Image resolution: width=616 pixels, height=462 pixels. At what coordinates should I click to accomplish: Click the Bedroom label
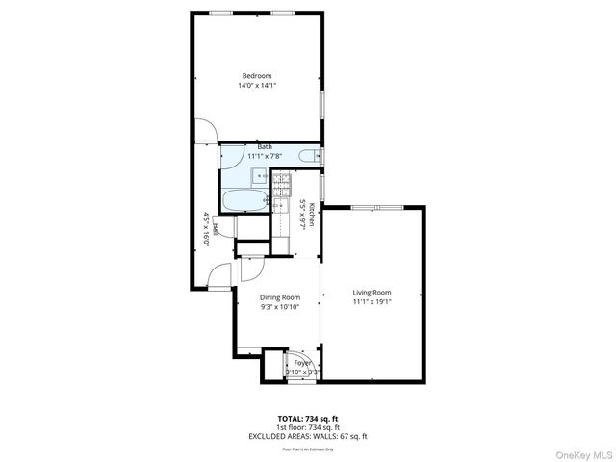click(x=256, y=76)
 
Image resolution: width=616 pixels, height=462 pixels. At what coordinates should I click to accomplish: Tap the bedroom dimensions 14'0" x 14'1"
click(x=256, y=86)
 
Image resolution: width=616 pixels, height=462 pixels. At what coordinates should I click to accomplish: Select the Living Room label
click(x=372, y=292)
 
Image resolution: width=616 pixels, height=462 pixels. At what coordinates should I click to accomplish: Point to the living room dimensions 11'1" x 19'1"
click(x=372, y=301)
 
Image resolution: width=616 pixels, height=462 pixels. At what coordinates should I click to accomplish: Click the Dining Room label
click(x=280, y=297)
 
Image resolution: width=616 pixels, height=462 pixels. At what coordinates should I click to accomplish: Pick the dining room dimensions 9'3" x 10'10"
click(x=280, y=307)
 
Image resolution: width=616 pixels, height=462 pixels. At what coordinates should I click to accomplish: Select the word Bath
click(x=250, y=147)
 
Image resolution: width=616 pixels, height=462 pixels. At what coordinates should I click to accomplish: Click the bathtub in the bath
click(x=244, y=200)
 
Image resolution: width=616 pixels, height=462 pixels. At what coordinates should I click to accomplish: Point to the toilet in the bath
click(x=309, y=156)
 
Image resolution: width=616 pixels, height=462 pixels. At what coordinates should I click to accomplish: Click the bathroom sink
click(x=260, y=175)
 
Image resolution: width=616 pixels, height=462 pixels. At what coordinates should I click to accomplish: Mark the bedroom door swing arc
click(x=207, y=131)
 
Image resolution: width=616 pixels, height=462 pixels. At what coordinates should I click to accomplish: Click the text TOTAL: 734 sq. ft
click(x=308, y=419)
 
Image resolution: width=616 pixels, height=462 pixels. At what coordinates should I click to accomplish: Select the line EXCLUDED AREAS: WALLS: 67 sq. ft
click(x=308, y=436)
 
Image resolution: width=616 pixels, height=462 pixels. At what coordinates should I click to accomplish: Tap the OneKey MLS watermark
click(x=581, y=453)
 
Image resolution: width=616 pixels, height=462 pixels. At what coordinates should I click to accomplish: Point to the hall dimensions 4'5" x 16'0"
click(x=206, y=229)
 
